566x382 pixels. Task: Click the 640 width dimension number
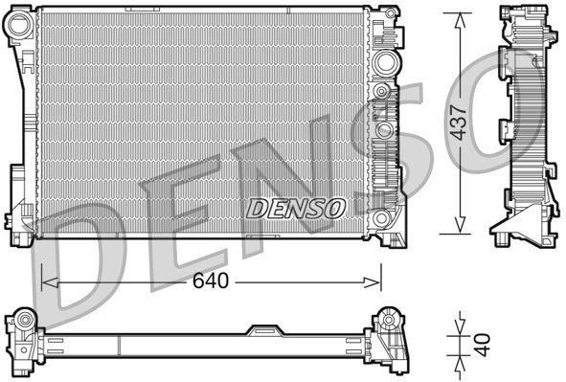[210, 281]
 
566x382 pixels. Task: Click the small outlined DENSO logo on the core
[296, 207]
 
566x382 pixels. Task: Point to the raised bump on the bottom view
[262, 330]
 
